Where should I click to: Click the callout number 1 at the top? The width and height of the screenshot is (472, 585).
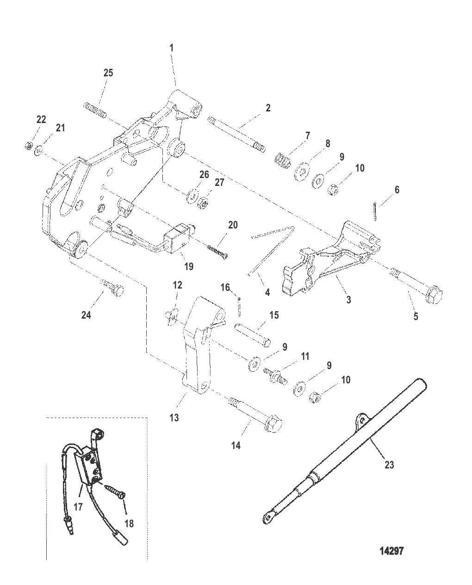click(x=171, y=48)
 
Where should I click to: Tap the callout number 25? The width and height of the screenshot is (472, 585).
click(x=108, y=73)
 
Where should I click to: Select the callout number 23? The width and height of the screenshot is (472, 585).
click(x=389, y=465)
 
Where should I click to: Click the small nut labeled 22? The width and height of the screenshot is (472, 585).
click(x=28, y=146)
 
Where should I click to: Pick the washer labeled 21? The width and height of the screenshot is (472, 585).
click(x=38, y=150)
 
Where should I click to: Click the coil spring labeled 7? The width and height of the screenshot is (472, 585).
click(x=283, y=160)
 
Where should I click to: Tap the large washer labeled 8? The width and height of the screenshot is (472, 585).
click(x=302, y=172)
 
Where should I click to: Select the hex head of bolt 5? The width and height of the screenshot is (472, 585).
click(x=434, y=294)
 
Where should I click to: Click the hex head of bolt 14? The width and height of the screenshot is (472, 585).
click(x=273, y=424)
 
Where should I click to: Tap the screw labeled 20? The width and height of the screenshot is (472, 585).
click(x=217, y=252)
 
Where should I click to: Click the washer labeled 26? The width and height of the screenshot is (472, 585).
click(x=193, y=196)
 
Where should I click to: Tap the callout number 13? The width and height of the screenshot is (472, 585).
click(x=174, y=418)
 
